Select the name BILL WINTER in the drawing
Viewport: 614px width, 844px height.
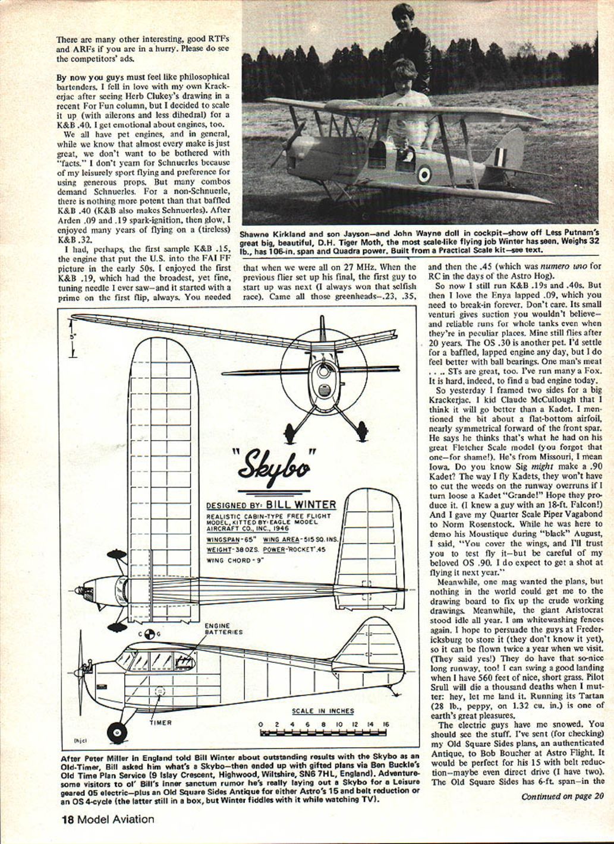point(300,505)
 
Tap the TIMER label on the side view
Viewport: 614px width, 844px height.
point(160,723)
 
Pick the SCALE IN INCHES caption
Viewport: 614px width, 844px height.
point(323,711)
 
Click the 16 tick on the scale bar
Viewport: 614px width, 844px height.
point(385,725)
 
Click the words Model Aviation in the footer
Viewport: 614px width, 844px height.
point(116,820)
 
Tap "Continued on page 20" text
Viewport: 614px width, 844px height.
point(562,796)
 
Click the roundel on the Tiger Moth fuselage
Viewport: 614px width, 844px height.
point(424,174)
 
